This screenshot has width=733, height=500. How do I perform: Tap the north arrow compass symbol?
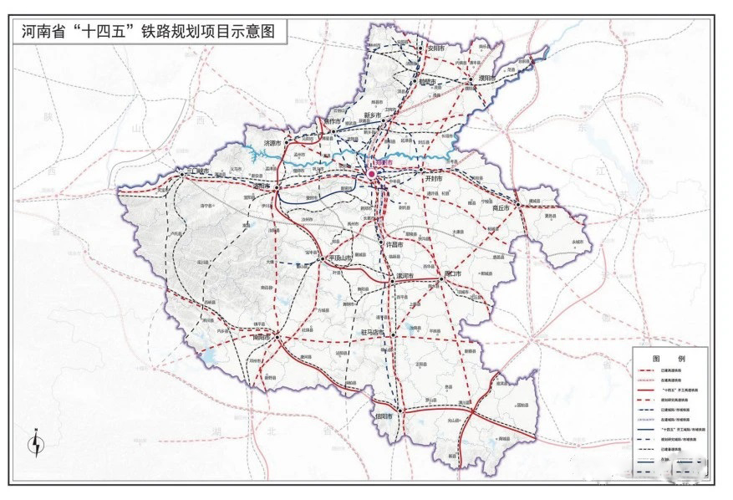coord(36,442)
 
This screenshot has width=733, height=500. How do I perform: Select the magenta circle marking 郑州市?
coord(372,173)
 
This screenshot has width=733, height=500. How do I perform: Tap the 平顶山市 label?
coord(343,258)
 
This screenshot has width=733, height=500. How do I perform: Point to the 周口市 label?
coord(460,274)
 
